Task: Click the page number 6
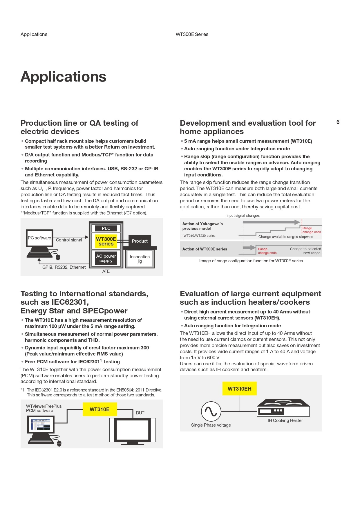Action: [x=338, y=122]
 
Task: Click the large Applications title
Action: [x=63, y=77]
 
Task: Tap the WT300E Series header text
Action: [x=192, y=34]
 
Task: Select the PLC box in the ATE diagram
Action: [x=106, y=228]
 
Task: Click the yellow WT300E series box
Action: [x=106, y=241]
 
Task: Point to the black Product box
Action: [x=140, y=241]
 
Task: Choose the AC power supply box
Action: [x=106, y=258]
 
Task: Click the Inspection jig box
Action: [x=140, y=259]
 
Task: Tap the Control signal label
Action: [x=69, y=240]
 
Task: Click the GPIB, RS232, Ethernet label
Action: [x=64, y=267]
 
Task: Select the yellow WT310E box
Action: [x=100, y=409]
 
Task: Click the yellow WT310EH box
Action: [x=239, y=389]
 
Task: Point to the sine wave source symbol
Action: [x=211, y=411]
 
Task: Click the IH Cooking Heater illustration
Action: [x=283, y=408]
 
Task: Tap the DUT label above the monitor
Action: [x=140, y=413]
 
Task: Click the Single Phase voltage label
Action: [x=211, y=425]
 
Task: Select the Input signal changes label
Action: [x=243, y=216]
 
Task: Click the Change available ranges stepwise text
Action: [x=285, y=237]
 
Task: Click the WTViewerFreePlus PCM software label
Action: [x=44, y=408]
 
